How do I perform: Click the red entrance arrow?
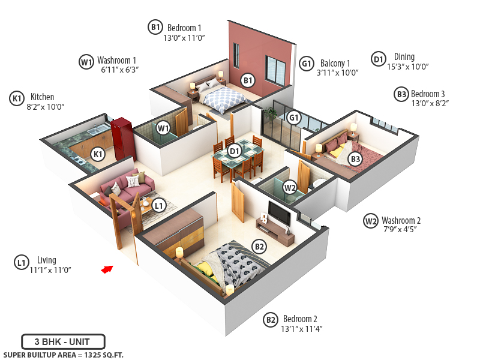(x=107, y=269)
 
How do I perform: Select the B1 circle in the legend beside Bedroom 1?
(x=155, y=26)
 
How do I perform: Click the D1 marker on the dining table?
(x=235, y=151)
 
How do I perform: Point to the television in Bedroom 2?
(x=278, y=214)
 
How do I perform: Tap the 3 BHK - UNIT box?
(x=63, y=342)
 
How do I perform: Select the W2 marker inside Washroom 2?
(x=290, y=187)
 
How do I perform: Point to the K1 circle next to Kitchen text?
(x=17, y=98)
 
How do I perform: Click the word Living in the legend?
(x=46, y=260)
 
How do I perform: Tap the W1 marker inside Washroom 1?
(x=163, y=127)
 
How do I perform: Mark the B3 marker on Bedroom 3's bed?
(x=356, y=158)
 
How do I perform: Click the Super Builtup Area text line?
(x=63, y=355)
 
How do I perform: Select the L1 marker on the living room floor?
(x=158, y=205)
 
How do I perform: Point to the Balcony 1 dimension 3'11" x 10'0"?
(x=337, y=73)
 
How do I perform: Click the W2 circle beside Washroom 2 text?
(x=371, y=221)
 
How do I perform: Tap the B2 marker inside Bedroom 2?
(x=259, y=246)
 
